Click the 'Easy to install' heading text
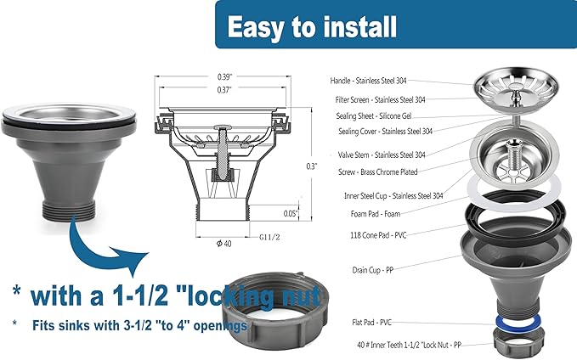point(312,26)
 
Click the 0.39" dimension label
point(224,77)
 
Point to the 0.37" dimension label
point(224,90)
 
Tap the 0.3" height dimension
point(311,166)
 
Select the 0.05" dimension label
point(291,214)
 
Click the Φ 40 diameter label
point(223,244)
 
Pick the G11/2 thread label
point(269,238)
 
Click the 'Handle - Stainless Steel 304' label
point(368,81)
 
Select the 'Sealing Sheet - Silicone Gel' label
point(374,115)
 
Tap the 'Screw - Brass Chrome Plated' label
point(378,172)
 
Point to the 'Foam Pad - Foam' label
point(376,214)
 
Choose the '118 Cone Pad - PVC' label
point(378,235)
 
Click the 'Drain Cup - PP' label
point(373,270)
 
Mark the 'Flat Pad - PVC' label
point(371,323)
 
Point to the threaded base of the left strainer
point(69,211)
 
